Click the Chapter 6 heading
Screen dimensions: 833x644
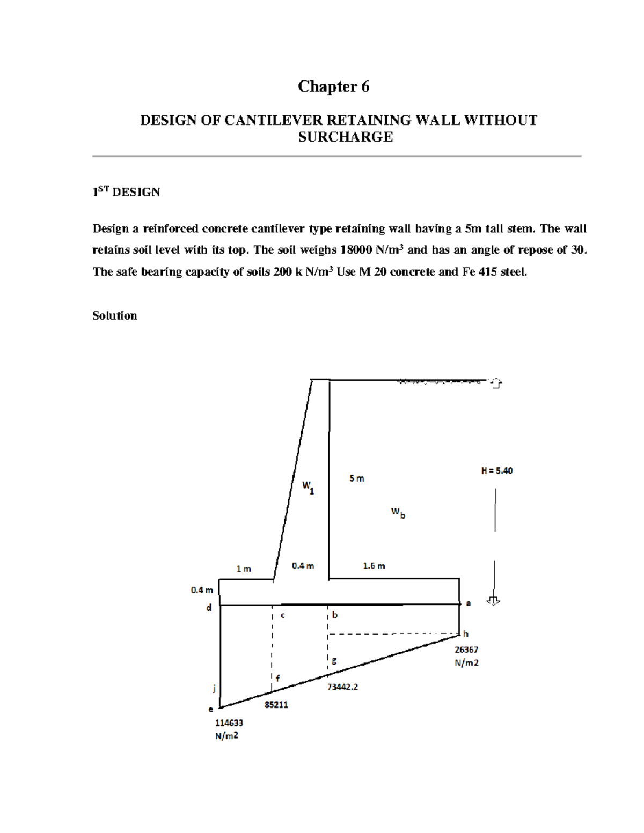click(333, 86)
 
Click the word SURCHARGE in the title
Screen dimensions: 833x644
click(345, 137)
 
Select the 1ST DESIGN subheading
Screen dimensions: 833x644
click(126, 192)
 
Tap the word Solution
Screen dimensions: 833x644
click(114, 315)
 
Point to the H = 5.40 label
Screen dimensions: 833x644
click(496, 471)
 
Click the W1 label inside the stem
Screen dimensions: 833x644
click(308, 487)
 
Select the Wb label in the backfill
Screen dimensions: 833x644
click(398, 513)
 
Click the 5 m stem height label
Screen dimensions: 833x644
click(356, 478)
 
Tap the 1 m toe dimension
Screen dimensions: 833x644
click(244, 569)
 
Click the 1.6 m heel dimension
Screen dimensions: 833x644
click(374, 566)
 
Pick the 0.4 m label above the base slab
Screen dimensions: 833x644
click(303, 566)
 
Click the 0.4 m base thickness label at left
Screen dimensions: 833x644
click(202, 590)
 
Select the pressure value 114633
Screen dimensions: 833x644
click(229, 723)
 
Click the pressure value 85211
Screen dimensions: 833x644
click(276, 705)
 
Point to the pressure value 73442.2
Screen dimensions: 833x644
click(342, 687)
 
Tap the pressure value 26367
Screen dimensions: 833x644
click(466, 650)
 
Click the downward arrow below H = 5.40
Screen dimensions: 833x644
click(493, 601)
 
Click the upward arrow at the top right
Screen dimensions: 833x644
click(496, 383)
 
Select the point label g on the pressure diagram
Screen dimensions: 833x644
click(334, 661)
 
